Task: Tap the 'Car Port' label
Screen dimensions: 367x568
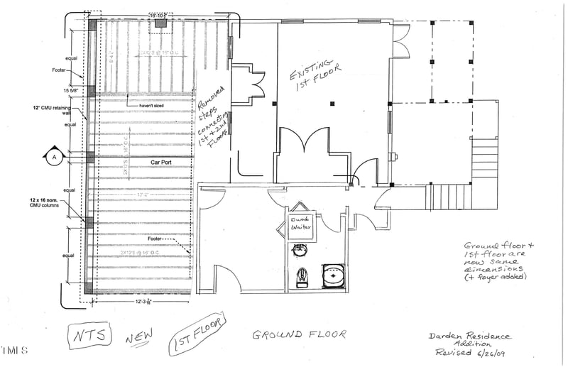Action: click(163, 163)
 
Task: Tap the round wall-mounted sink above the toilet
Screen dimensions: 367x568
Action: click(300, 249)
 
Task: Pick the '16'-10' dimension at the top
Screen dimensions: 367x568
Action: click(158, 14)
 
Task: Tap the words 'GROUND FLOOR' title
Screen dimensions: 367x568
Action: click(299, 334)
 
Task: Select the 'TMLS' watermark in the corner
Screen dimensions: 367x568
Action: click(13, 350)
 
